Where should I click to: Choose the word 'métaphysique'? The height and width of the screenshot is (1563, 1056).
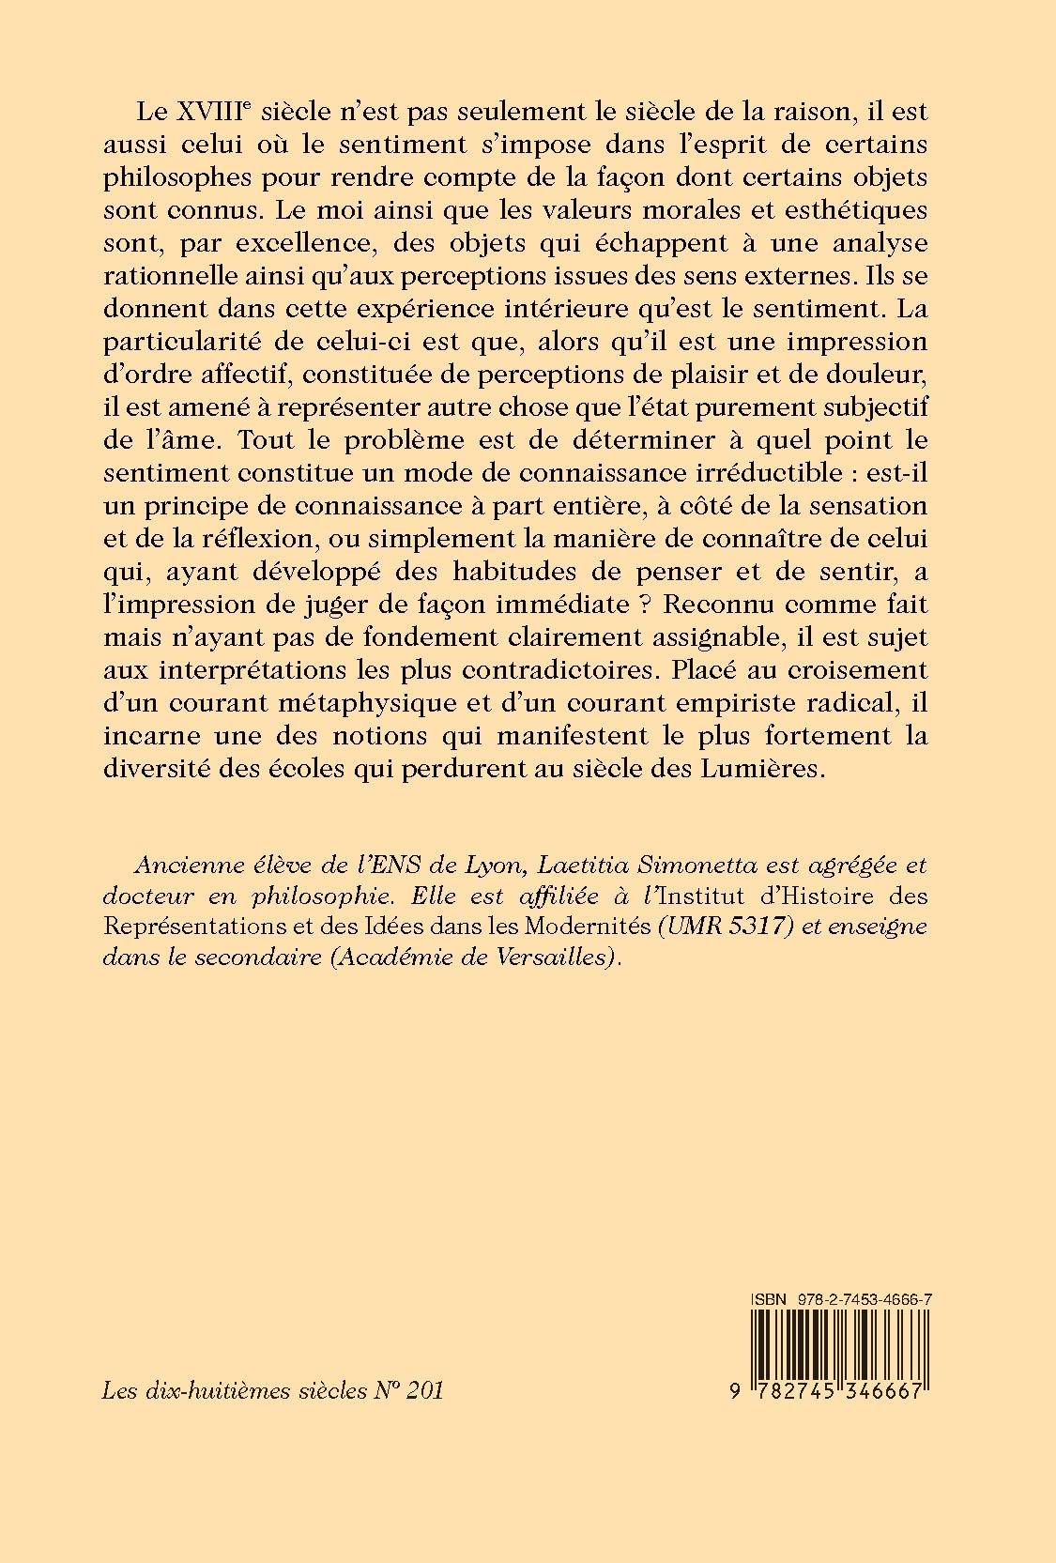345,702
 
